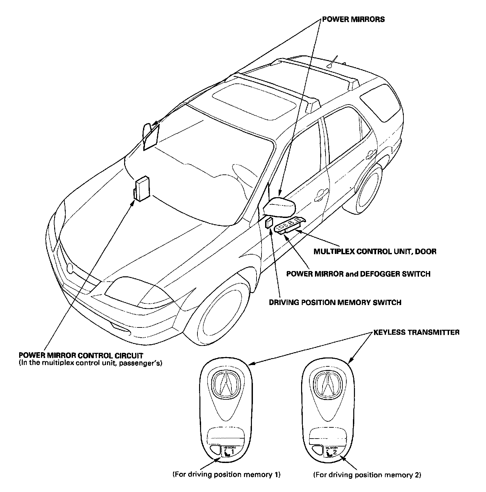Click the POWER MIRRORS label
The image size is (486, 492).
(353, 19)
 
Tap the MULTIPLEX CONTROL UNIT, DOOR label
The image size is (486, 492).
(375, 251)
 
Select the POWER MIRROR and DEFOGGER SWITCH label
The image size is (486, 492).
(358, 274)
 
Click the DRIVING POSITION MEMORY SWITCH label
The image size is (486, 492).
(335, 302)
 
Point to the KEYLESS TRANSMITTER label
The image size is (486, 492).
(416, 332)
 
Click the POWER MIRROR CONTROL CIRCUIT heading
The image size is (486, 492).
(81, 355)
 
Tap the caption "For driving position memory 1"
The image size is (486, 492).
(226, 475)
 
